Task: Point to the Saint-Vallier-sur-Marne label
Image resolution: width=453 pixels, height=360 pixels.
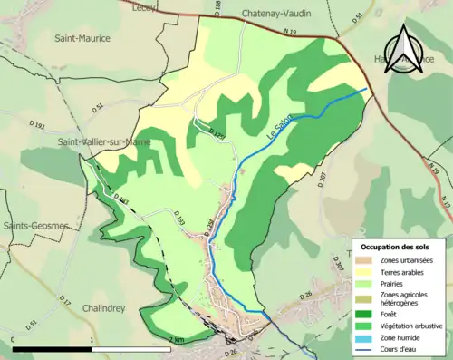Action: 102,141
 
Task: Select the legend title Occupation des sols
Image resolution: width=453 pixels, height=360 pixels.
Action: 395,247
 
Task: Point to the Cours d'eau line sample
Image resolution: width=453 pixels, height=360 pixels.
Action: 364,349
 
